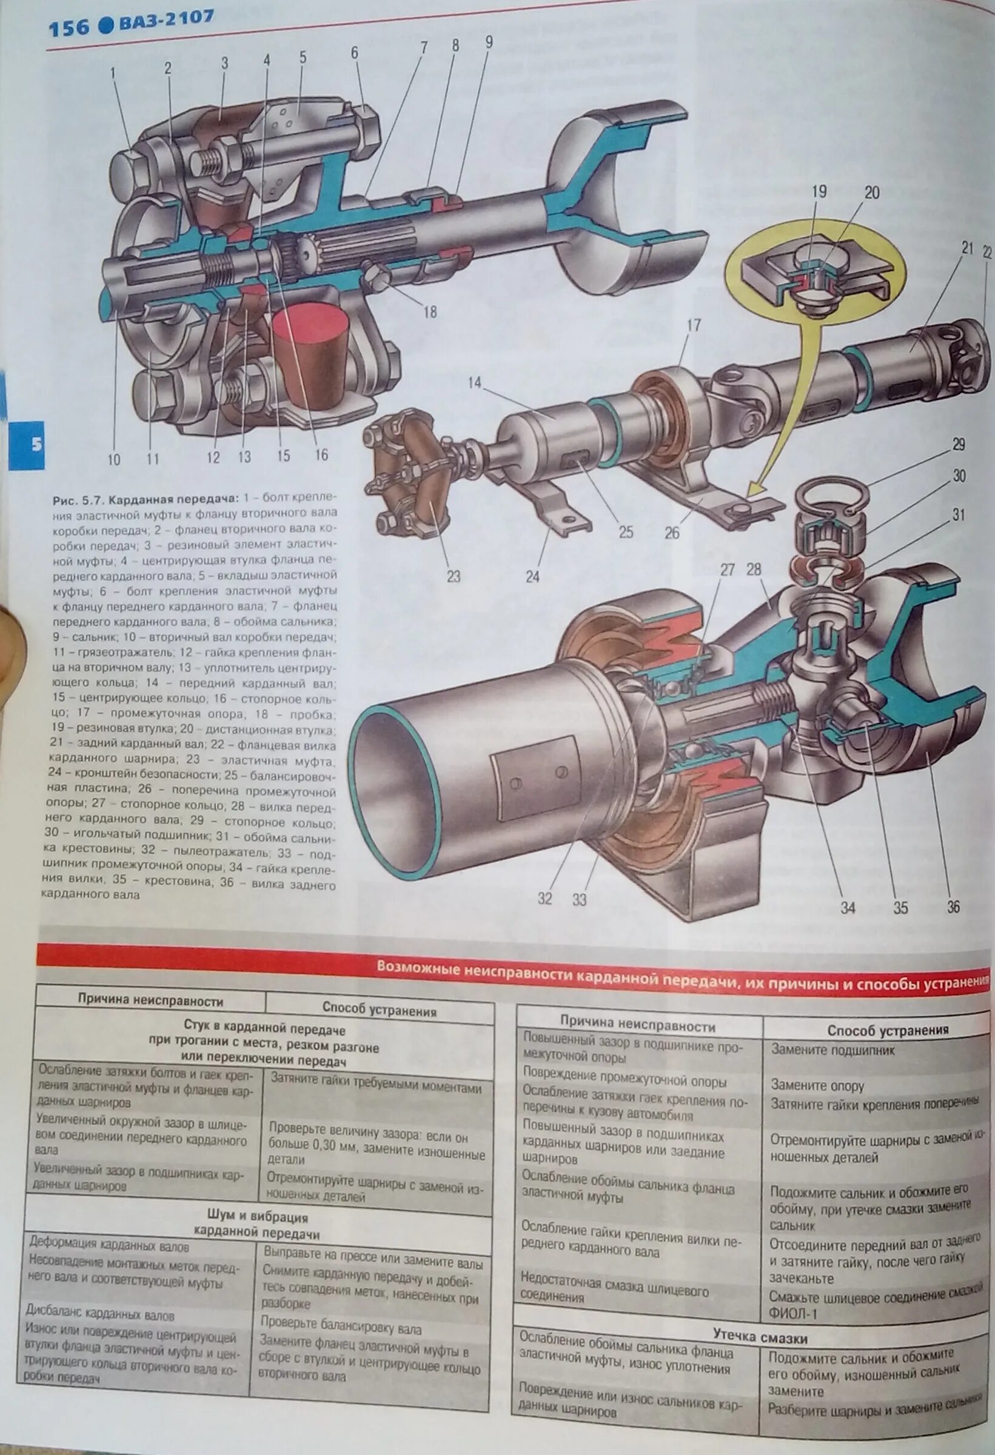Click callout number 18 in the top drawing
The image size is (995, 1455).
(429, 311)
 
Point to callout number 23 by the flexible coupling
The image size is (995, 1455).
(454, 575)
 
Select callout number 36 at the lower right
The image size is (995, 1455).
(953, 907)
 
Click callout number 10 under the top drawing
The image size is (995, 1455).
(113, 459)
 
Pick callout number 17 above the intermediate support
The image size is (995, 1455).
(693, 325)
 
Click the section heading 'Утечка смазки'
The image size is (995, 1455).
(760, 1335)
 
